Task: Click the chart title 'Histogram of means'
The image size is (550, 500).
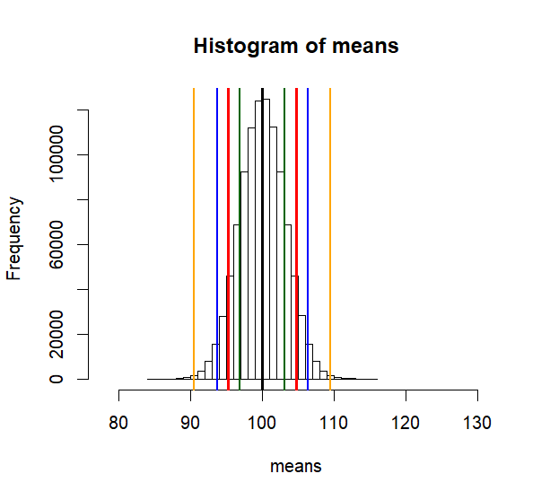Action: (x=296, y=47)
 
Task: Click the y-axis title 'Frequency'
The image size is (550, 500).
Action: (x=14, y=239)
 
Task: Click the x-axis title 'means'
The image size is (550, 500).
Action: (x=296, y=466)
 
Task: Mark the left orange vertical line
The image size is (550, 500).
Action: (x=194, y=224)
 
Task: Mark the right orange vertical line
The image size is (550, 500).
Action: (x=330, y=224)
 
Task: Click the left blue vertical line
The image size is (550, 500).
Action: (x=217, y=224)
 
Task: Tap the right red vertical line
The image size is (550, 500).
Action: (x=296, y=224)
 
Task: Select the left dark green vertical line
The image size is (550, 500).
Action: (x=240, y=224)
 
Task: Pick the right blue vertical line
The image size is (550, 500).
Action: (x=308, y=224)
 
